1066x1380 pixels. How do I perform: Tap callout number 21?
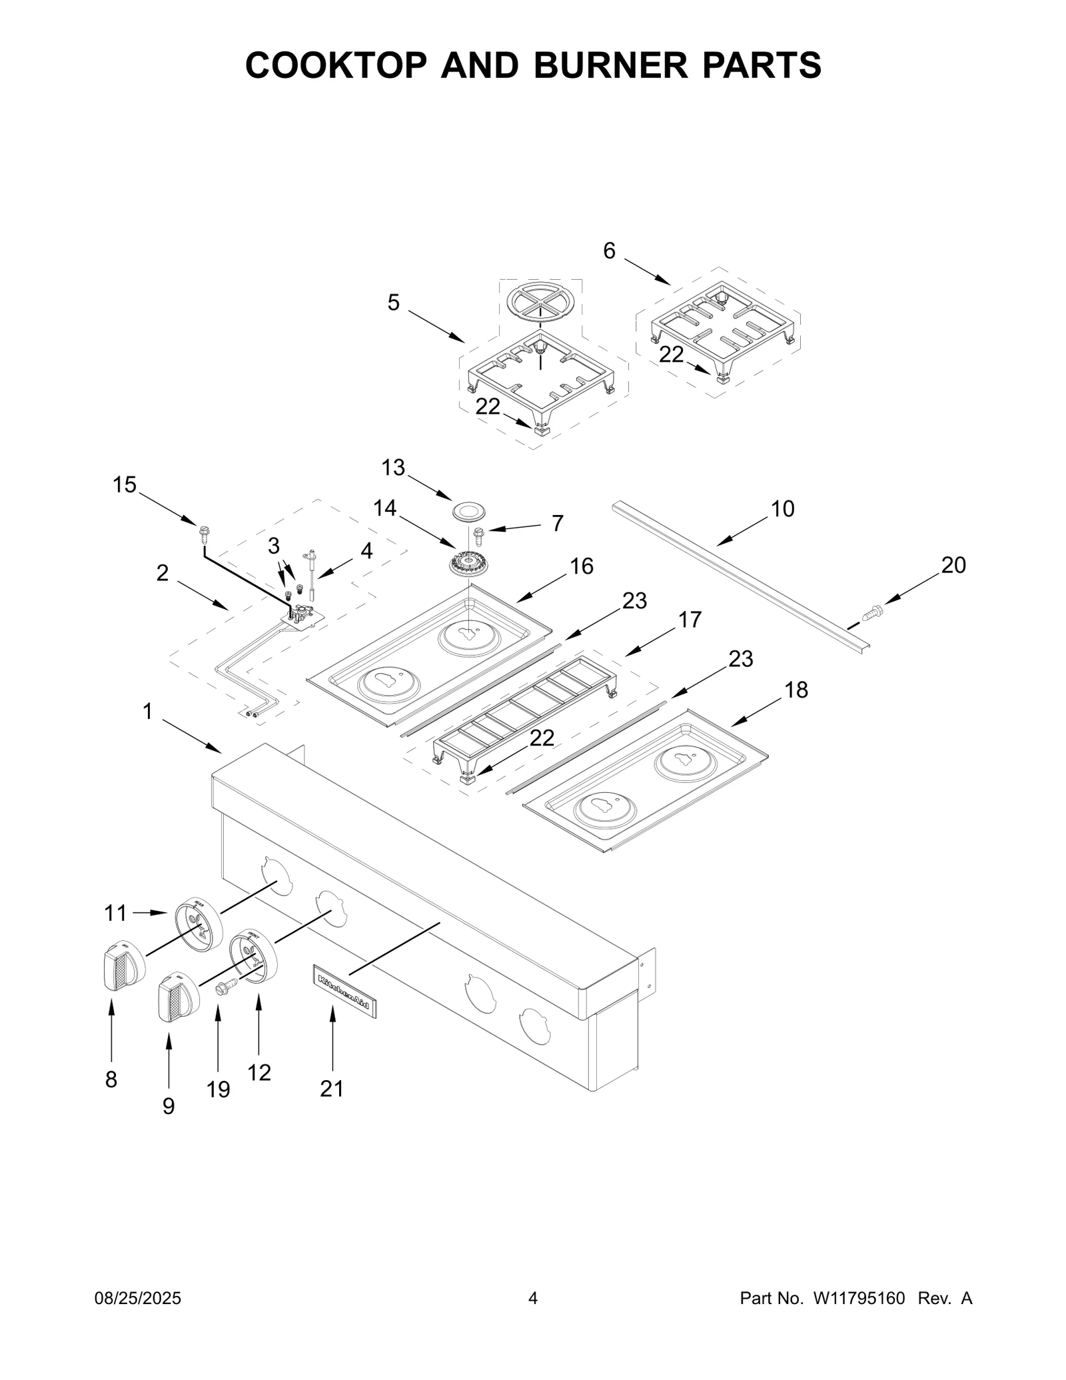[332, 1088]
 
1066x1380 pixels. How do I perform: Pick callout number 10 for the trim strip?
[783, 508]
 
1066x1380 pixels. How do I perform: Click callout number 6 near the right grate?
[609, 251]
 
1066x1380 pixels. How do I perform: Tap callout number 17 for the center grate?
[690, 620]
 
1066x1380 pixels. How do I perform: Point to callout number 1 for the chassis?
[147, 712]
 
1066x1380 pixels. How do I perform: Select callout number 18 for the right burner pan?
[796, 690]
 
